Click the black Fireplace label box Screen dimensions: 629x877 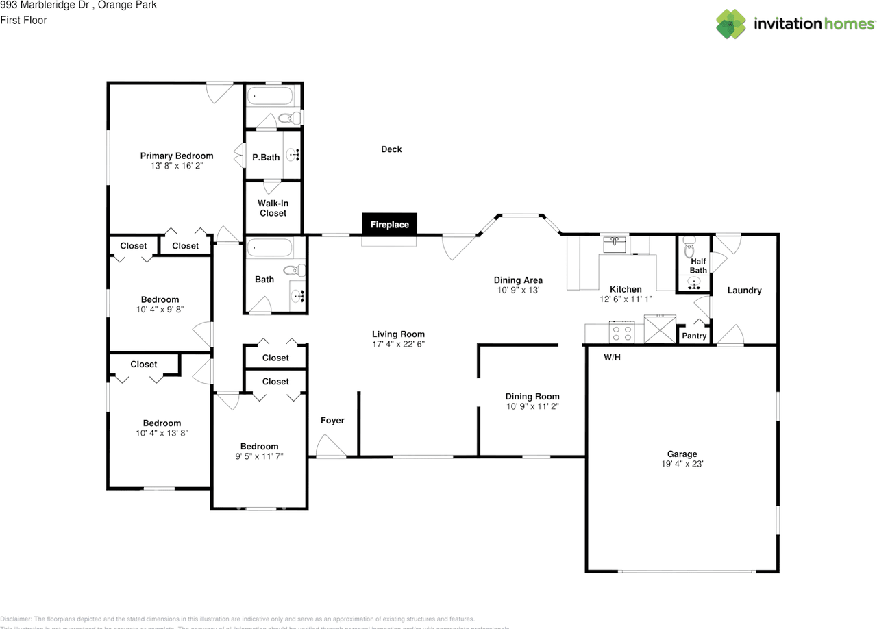point(389,224)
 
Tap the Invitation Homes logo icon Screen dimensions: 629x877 point(732,24)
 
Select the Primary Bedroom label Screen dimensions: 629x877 point(177,156)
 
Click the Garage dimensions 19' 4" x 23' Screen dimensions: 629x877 point(682,464)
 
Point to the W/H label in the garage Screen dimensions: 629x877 point(612,358)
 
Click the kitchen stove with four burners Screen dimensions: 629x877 point(623,333)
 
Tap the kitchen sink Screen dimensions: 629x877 point(615,243)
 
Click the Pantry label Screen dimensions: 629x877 point(694,336)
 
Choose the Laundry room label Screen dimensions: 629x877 point(744,291)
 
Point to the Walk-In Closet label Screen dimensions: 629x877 point(272,208)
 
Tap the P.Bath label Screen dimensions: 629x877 point(266,157)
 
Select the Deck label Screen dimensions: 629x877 point(391,149)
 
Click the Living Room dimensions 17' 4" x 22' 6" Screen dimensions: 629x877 point(398,344)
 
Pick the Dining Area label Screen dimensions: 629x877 point(518,280)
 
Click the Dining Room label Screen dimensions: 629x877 point(532,396)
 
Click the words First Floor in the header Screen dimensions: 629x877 point(23,20)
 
